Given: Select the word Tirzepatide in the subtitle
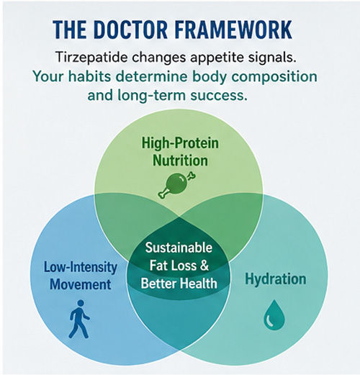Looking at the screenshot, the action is coord(91,58).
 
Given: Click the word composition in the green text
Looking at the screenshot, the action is coord(271,77).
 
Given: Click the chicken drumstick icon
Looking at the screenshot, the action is coord(176,184).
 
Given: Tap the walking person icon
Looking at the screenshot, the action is coord(79,319).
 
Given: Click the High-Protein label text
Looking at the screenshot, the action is coord(180,143).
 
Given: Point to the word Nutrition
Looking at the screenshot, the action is coord(180,161).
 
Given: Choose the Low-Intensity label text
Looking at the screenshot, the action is coord(81,267).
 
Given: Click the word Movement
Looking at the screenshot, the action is coord(80,284).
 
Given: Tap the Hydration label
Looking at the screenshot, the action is coord(276,279).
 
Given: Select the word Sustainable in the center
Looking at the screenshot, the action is coord(179,248).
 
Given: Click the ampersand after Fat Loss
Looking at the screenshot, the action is coord(204,266).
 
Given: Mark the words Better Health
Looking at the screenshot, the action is coord(179,283).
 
